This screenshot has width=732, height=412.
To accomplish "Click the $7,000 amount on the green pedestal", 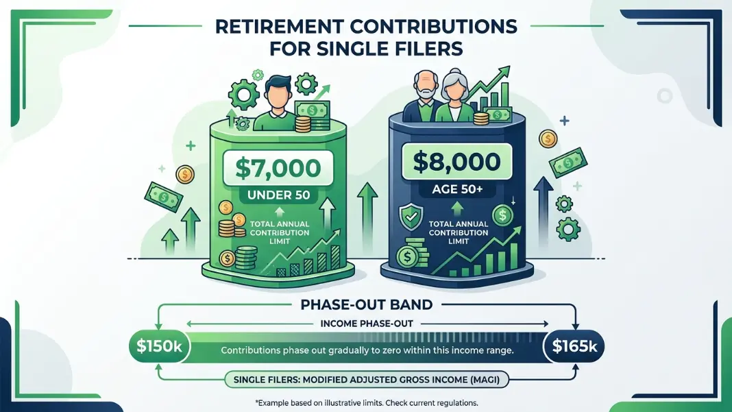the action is [278, 168].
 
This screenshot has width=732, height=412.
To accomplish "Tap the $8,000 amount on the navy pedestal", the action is [456, 162].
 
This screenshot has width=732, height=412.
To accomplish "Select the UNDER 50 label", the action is [278, 195].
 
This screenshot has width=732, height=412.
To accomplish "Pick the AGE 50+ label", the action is [457, 189].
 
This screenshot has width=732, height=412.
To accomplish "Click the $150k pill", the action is [159, 346].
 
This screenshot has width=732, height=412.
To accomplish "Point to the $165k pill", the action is [574, 346].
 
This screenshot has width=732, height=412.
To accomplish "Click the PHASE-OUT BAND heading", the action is [367, 304].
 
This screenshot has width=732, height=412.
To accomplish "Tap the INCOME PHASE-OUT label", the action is [367, 324].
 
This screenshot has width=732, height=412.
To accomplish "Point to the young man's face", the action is [278, 96].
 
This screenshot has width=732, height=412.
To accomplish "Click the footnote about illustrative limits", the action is [367, 402].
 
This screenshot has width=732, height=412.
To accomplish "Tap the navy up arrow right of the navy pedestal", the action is [543, 212].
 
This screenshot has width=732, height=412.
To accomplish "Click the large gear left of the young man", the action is [244, 95].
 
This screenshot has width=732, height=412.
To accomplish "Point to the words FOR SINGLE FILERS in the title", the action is [367, 49].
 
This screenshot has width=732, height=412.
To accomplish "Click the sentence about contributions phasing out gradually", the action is [367, 350].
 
